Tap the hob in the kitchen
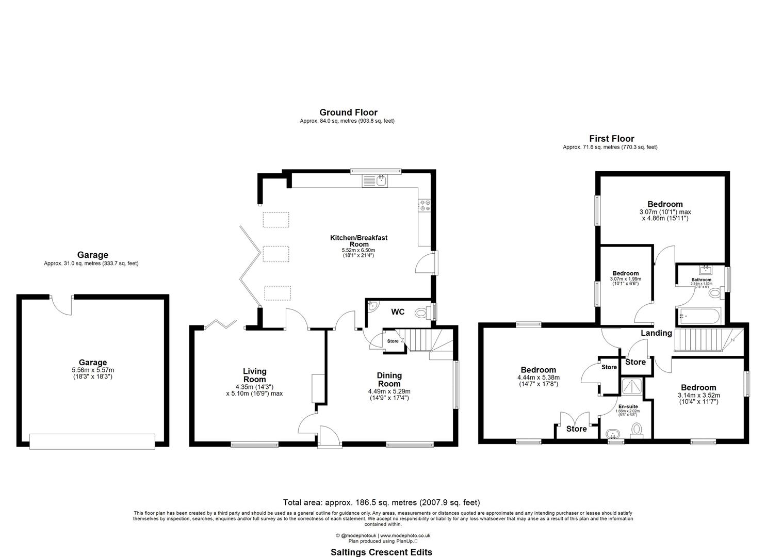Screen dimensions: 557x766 pyautogui.click(x=425, y=205)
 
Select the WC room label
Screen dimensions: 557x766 pyautogui.click(x=398, y=312)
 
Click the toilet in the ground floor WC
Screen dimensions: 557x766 pyautogui.click(x=422, y=312)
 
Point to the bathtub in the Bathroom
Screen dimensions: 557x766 pyautogui.click(x=699, y=314)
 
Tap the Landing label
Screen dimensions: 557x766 pyautogui.click(x=656, y=333)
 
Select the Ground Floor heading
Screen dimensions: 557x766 pyautogui.click(x=348, y=112)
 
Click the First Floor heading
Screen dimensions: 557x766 pyautogui.click(x=611, y=139)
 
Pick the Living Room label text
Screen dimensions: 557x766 pyautogui.click(x=255, y=375)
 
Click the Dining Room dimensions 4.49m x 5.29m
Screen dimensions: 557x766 pyautogui.click(x=389, y=391)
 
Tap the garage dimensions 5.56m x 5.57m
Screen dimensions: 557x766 pyautogui.click(x=93, y=370)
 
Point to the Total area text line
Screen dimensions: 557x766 pyautogui.click(x=381, y=502)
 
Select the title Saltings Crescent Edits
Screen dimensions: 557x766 pyautogui.click(x=381, y=552)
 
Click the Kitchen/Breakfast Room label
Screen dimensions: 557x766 pyautogui.click(x=358, y=241)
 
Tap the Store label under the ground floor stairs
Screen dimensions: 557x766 pyautogui.click(x=393, y=341)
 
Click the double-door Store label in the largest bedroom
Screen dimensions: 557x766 pyautogui.click(x=576, y=429)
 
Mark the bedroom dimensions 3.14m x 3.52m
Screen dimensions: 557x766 pyautogui.click(x=698, y=395)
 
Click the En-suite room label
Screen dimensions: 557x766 pyautogui.click(x=628, y=406)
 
